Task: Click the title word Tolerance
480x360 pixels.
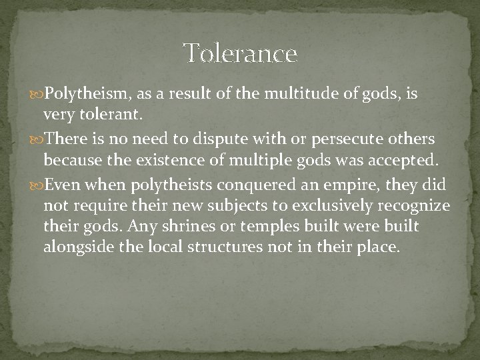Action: [240, 53]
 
